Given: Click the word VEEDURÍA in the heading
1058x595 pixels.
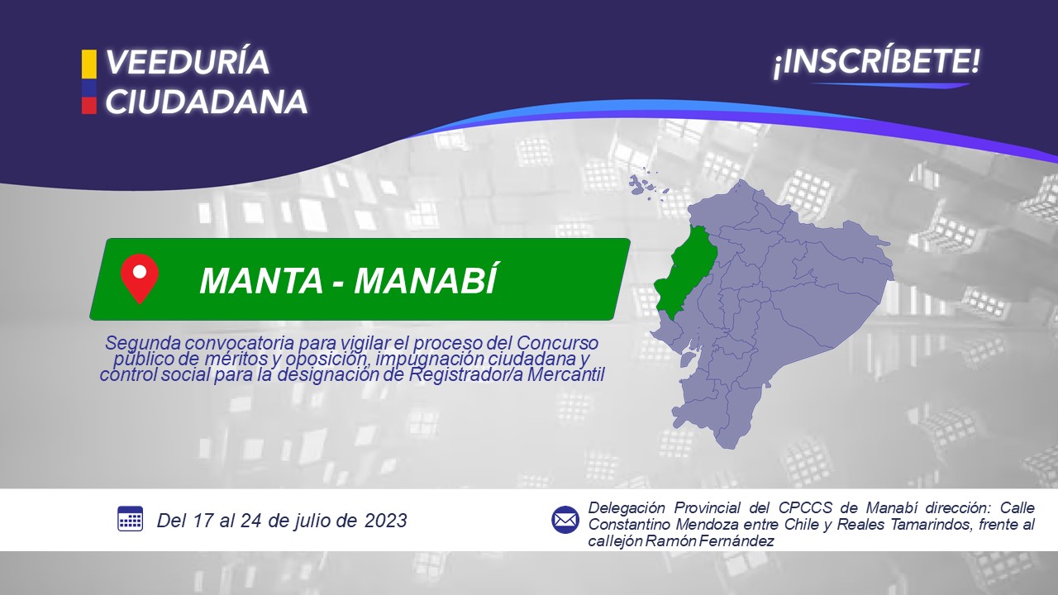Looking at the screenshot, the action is [188, 62].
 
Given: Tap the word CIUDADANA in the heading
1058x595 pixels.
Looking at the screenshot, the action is [207, 102].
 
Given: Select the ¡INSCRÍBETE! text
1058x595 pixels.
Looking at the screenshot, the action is [877, 62].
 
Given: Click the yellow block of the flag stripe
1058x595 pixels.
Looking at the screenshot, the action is [88, 64].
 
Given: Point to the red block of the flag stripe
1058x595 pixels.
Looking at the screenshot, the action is [88, 105].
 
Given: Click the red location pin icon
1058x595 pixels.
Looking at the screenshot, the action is [140, 278].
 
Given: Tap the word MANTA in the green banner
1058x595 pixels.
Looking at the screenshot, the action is [261, 280].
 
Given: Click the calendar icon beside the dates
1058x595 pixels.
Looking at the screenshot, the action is [130, 519].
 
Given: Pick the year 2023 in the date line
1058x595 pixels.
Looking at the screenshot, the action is [385, 521].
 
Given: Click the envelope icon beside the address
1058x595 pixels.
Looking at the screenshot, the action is [565, 520].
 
